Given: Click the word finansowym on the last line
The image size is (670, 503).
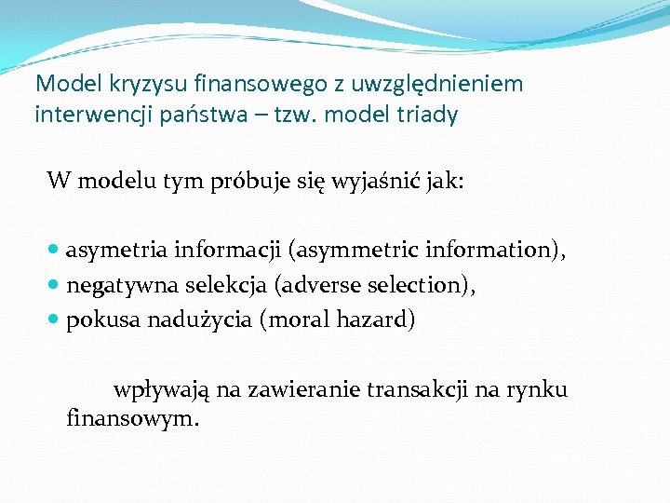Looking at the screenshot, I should tap(131, 418).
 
